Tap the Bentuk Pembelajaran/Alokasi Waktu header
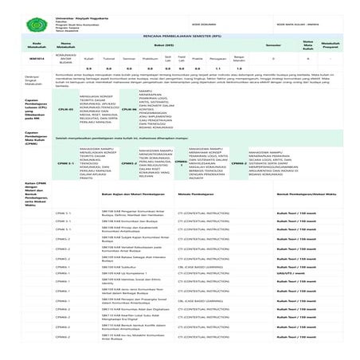(305, 193)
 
